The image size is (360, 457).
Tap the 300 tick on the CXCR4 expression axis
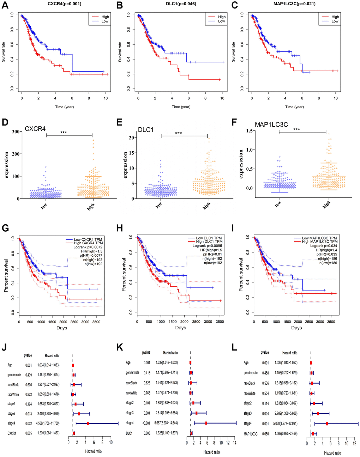pyautogui.click(x=15, y=132)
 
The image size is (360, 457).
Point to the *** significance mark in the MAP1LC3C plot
pyautogui.click(x=296, y=129)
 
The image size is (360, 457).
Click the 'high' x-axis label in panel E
pyautogui.click(x=206, y=205)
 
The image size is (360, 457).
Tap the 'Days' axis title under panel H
pyautogui.click(x=180, y=328)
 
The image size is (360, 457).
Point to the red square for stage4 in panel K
pyautogui.click(x=206, y=423)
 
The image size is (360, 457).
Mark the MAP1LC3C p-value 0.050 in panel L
pyautogui.click(x=265, y=433)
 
